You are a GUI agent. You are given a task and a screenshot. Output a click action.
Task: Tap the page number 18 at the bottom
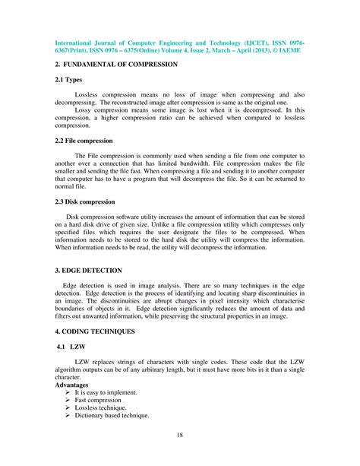pyautogui.click(x=179, y=436)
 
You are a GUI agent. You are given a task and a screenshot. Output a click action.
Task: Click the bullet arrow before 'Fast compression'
pyautogui.click(x=68, y=401)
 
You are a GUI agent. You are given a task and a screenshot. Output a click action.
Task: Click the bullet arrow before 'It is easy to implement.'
pyautogui.click(x=68, y=393)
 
